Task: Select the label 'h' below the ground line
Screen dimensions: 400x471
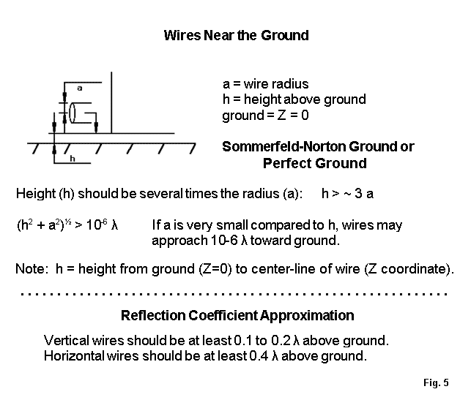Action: pyautogui.click(x=71, y=157)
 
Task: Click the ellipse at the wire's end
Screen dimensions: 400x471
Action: pyautogui.click(x=73, y=113)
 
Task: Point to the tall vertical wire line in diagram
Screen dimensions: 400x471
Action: pyautogui.click(x=111, y=102)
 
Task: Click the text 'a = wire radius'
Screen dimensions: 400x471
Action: pyautogui.click(x=265, y=84)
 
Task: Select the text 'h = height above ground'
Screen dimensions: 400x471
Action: pyautogui.click(x=294, y=99)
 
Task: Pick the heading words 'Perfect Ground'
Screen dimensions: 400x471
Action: pyautogui.click(x=314, y=163)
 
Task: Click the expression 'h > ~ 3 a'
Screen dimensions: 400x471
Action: pyautogui.click(x=357, y=194)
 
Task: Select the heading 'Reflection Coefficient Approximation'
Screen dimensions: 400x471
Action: pyautogui.click(x=237, y=316)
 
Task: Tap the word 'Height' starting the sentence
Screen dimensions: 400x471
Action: pyautogui.click(x=35, y=194)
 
